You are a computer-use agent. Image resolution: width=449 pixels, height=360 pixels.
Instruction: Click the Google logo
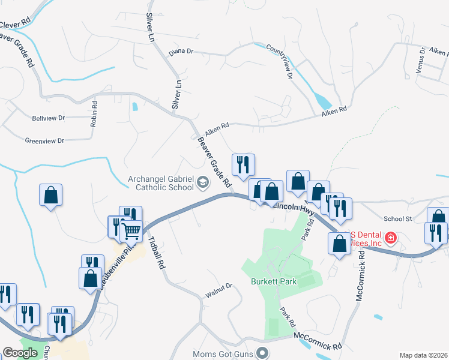click(x=20, y=353)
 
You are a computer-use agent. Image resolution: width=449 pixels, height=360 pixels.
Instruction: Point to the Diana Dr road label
click(x=181, y=52)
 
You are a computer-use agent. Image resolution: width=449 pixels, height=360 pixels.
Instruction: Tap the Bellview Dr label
click(x=48, y=118)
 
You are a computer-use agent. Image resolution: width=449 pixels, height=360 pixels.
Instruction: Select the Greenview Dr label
click(x=44, y=141)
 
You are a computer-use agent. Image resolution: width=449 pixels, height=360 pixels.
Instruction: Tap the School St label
click(x=397, y=219)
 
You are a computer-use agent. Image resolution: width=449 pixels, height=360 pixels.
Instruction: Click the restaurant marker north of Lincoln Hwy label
click(x=243, y=164)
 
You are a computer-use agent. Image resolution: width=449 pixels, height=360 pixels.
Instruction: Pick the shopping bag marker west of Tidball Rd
click(x=51, y=194)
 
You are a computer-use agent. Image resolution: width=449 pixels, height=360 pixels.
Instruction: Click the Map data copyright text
click(x=423, y=355)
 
